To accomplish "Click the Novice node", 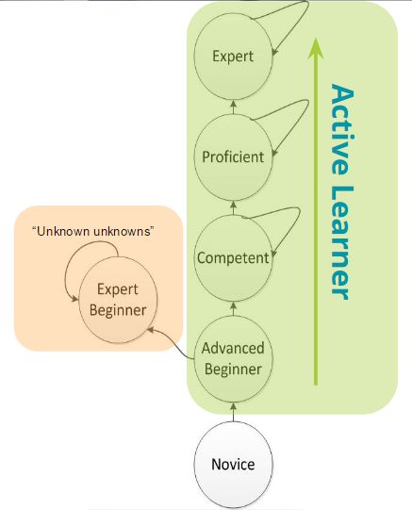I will (x=232, y=464).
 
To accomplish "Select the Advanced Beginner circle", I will (x=233, y=358).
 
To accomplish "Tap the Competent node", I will (x=233, y=256).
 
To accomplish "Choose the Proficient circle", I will (x=233, y=156).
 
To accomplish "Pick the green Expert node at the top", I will (x=233, y=56).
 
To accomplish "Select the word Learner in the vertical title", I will (x=341, y=240).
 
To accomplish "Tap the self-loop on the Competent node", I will (x=288, y=226).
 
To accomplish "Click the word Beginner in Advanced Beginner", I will (x=233, y=369).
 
